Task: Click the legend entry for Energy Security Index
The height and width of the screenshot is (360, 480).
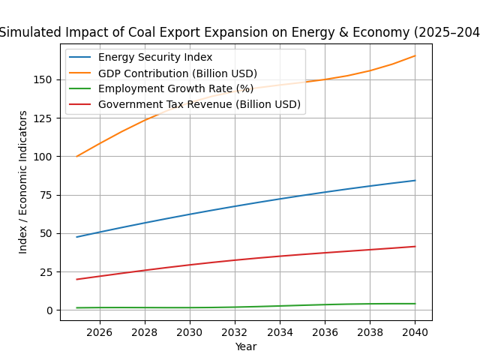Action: tap(155, 58)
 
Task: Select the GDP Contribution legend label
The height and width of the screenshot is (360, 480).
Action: tap(178, 73)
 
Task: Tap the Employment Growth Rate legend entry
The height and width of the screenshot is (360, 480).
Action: tap(175, 88)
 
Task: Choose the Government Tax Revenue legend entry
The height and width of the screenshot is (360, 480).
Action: tap(199, 104)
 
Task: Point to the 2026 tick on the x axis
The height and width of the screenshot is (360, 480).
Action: tap(100, 331)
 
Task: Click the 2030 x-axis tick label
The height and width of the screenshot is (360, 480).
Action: tap(190, 331)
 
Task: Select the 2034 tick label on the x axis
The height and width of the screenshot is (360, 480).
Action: tap(280, 331)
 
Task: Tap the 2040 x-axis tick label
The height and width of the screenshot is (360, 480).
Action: tap(415, 331)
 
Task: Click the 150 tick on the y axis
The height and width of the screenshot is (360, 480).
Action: tap(43, 79)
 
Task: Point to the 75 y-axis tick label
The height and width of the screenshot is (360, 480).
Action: tap(46, 195)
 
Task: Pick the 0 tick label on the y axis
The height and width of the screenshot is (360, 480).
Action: tap(49, 310)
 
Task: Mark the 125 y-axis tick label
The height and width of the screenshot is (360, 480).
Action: tap(43, 118)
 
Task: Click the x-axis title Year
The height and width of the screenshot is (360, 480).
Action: tap(246, 346)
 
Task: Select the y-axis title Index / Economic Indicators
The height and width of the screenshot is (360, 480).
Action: tap(23, 181)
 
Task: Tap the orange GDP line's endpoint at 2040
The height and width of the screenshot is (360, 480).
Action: tap(415, 55)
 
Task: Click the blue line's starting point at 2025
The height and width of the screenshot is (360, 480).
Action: tap(77, 237)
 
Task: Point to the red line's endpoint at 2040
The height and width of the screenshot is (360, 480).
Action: tap(415, 247)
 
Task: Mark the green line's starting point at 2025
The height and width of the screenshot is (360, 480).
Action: tap(77, 307)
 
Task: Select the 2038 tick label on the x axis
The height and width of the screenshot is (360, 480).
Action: tap(370, 331)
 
